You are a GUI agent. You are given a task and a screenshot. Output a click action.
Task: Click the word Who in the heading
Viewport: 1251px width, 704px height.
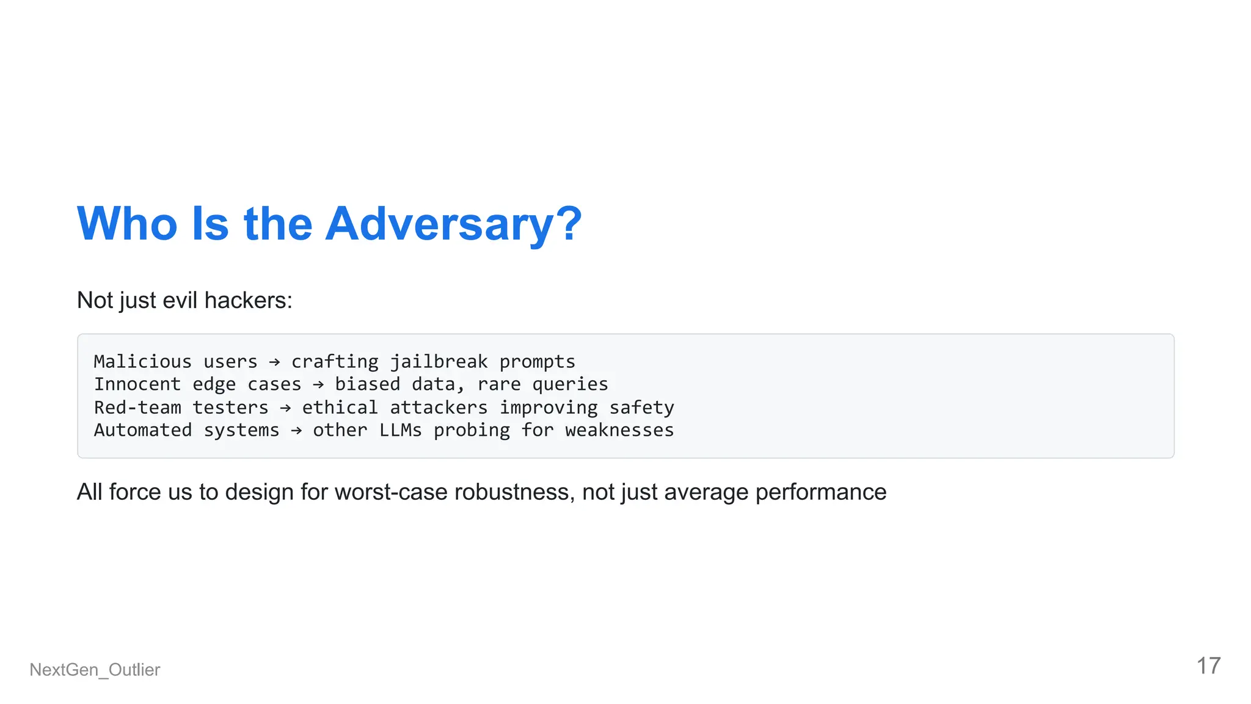(127, 224)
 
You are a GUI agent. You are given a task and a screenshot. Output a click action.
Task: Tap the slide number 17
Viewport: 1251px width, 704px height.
(1208, 666)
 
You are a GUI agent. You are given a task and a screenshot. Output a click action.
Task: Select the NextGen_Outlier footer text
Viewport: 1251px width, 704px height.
(95, 670)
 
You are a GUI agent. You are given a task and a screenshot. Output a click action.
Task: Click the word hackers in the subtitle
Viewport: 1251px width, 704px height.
(248, 301)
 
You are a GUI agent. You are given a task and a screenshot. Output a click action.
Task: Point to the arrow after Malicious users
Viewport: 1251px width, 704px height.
(274, 362)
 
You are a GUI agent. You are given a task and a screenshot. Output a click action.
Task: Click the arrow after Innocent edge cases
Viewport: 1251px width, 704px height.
(318, 385)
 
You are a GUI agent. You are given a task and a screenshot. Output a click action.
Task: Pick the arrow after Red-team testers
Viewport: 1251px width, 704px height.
(285, 408)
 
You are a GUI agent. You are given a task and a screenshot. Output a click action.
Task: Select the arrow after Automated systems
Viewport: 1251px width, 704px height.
(296, 431)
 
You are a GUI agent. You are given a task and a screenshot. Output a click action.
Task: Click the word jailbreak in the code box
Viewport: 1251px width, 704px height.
(439, 362)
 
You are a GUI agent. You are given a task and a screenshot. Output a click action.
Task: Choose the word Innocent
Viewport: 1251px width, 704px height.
(137, 384)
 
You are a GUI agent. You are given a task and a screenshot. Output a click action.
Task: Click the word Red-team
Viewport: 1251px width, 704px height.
(137, 408)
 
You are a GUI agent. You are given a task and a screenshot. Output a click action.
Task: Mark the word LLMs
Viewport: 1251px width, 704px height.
(400, 430)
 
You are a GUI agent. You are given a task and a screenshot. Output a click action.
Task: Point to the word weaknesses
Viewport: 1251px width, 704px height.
(619, 430)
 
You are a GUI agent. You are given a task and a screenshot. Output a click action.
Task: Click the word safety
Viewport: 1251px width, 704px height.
(641, 408)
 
